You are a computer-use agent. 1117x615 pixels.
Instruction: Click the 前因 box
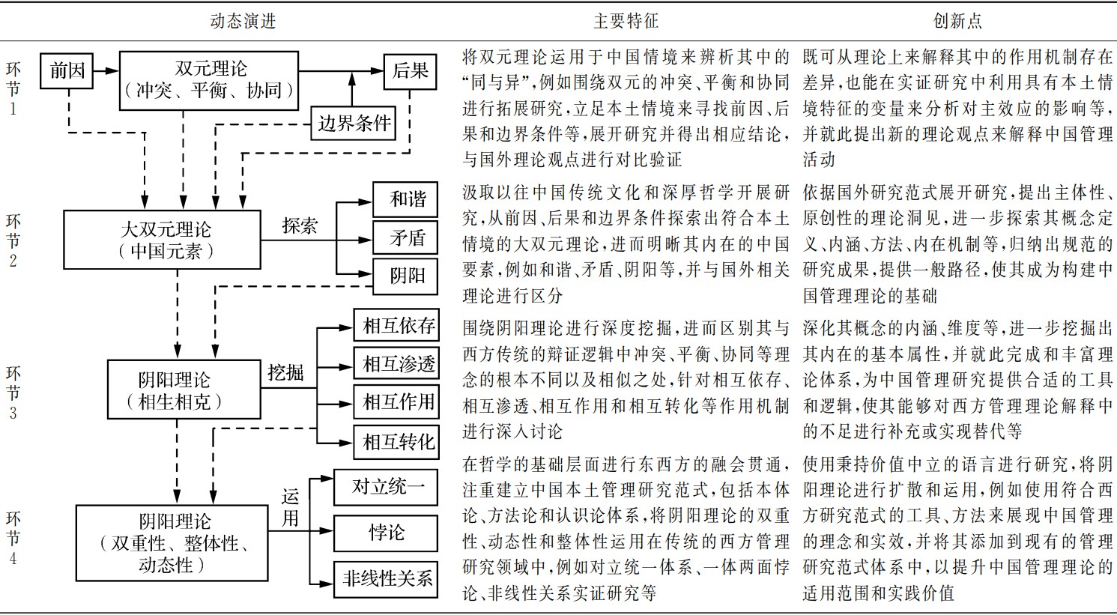pyautogui.click(x=67, y=71)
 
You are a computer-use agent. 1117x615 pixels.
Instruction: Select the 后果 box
pyautogui.click(x=410, y=71)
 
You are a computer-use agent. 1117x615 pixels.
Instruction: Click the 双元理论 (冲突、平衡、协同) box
pyautogui.click(x=209, y=80)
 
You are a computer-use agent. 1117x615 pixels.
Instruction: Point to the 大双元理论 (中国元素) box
pyautogui.click(x=163, y=240)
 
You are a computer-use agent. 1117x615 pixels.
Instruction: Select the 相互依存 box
pyautogui.click(x=397, y=326)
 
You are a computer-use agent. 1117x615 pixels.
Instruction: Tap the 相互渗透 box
pyautogui.click(x=397, y=364)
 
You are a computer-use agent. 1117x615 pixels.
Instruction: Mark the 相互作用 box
pyautogui.click(x=397, y=402)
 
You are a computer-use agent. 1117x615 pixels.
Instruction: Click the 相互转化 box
pyautogui.click(x=397, y=441)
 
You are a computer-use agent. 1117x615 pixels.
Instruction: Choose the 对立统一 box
pyautogui.click(x=387, y=488)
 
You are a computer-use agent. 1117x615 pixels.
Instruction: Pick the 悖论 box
pyautogui.click(x=387, y=533)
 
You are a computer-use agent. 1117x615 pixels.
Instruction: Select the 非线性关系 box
pyautogui.click(x=387, y=578)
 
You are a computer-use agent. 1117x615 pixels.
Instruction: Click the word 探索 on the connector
pyautogui.click(x=300, y=226)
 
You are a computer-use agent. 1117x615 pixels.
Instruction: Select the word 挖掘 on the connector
pyautogui.click(x=285, y=372)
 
